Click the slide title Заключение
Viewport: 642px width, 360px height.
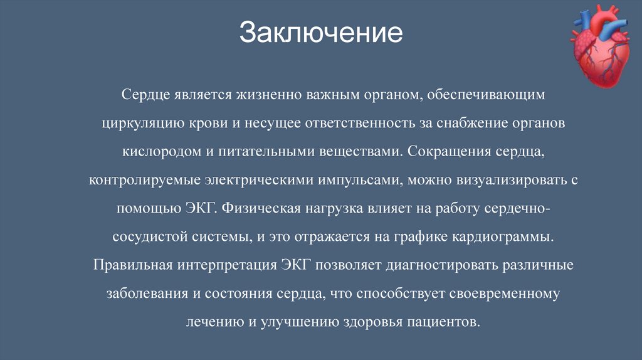[320, 33]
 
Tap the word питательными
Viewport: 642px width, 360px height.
[266, 151]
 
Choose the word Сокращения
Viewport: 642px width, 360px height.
[450, 151]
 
